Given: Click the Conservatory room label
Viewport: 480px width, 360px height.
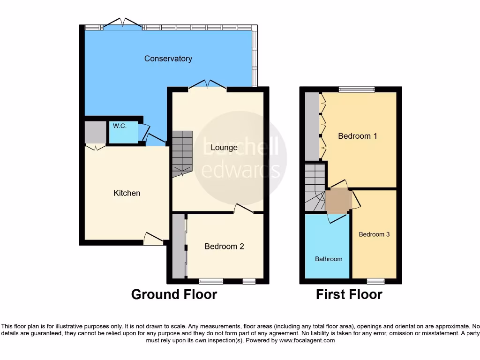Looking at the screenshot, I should tap(168, 59).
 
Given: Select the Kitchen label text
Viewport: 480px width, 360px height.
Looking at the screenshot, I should tap(127, 193).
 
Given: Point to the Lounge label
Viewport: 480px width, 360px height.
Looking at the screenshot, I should tap(224, 147).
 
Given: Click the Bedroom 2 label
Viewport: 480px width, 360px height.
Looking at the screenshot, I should tap(224, 246).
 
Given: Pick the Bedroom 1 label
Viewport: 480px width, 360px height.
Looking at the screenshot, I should tap(358, 136).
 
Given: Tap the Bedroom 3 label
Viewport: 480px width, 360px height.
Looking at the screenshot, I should tap(374, 234).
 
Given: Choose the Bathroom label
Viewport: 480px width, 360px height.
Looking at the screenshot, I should tap(328, 259).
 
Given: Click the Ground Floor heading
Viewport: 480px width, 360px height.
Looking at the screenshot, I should tap(174, 294).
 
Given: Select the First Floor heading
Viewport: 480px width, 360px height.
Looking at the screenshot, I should tap(349, 294).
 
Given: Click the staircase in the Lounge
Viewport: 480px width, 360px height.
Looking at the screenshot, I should tap(182, 154).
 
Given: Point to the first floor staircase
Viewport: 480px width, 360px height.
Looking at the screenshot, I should tap(315, 187).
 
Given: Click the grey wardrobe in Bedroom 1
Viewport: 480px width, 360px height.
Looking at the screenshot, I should tap(312, 127).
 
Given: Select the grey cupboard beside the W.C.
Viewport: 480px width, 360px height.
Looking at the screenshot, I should tap(95, 132).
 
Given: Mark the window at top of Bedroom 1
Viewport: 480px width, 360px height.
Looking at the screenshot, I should tap(357, 89).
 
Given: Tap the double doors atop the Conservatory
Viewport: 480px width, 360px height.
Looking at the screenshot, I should tap(122, 24).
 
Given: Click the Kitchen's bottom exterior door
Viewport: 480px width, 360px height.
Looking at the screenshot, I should tap(153, 239).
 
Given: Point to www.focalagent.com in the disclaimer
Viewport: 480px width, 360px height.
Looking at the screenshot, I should tap(307, 340).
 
